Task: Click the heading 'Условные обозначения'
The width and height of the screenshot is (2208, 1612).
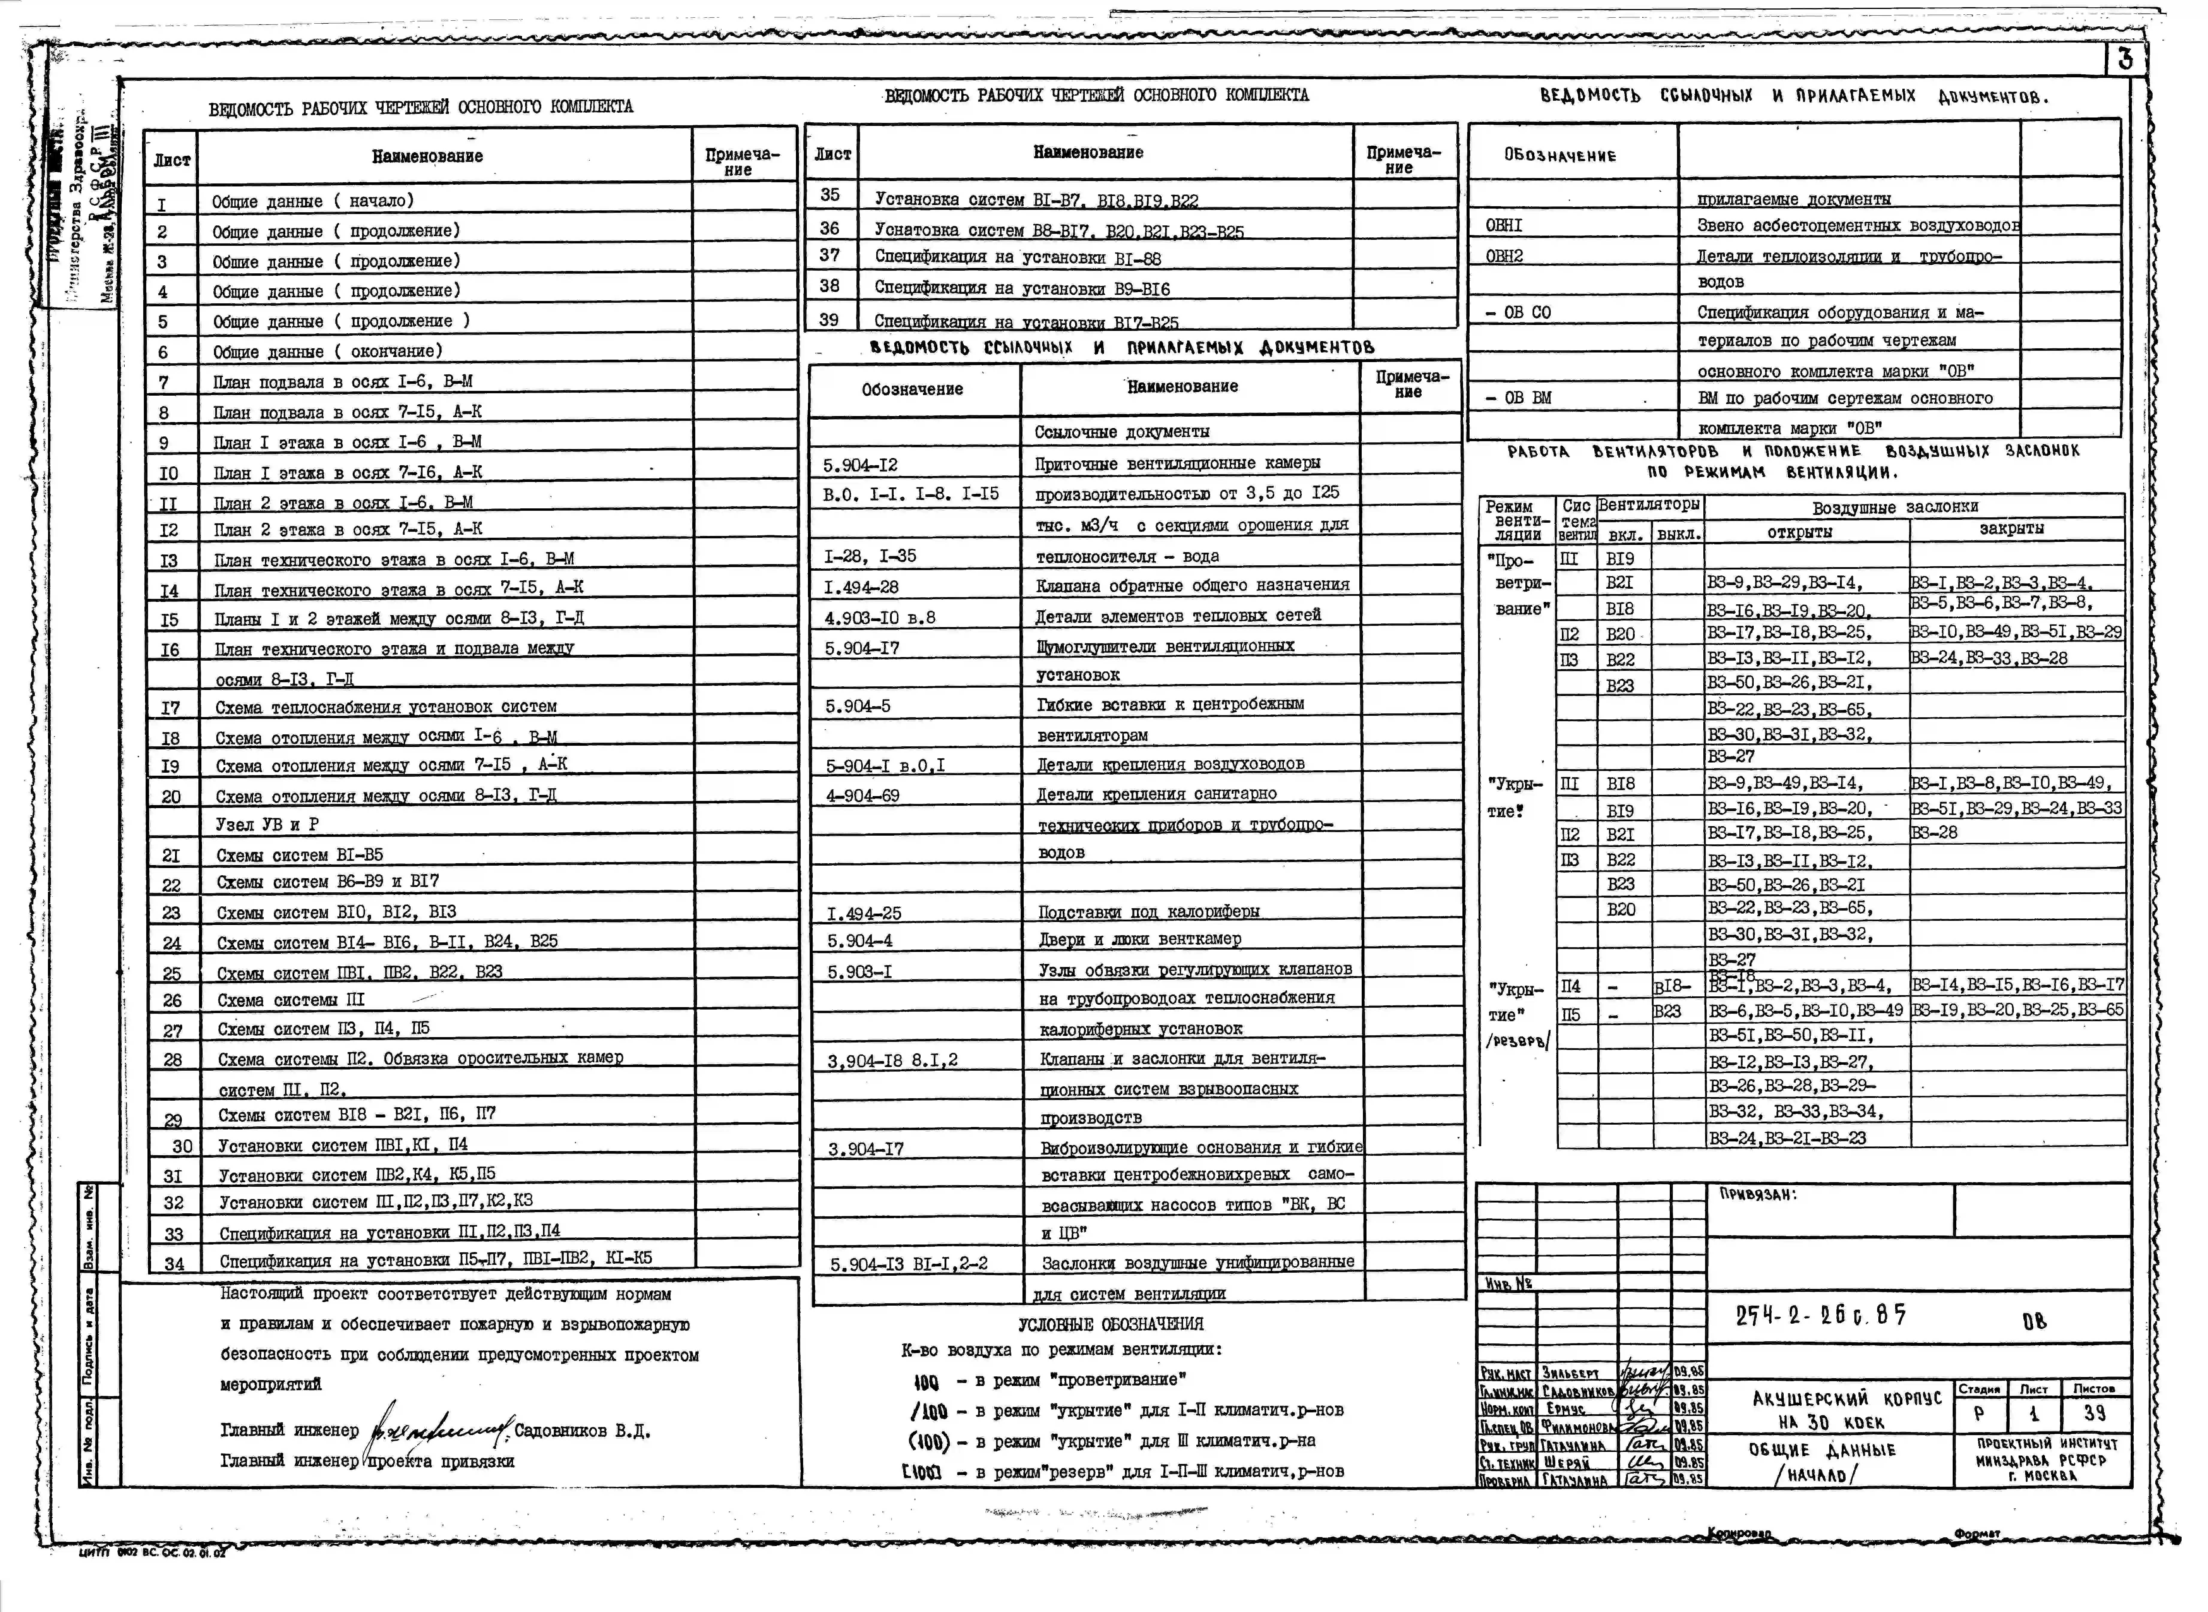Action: (x=1110, y=1324)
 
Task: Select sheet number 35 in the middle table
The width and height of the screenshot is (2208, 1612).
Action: (x=829, y=195)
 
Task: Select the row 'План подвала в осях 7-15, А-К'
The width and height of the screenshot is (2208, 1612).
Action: (x=346, y=412)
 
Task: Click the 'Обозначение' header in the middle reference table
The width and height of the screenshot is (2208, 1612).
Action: (x=911, y=389)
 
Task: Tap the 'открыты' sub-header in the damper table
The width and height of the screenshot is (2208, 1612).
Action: (x=1799, y=532)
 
